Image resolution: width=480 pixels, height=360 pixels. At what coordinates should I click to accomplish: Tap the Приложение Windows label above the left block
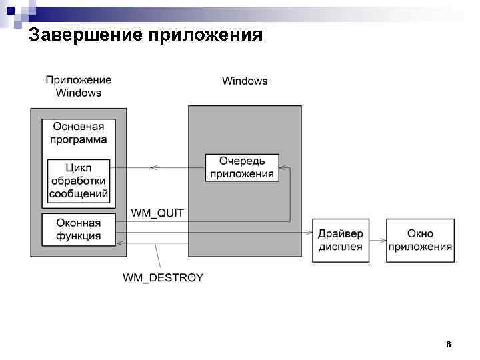[x=79, y=87]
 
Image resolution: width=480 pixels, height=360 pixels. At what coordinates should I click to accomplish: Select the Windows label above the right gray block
[x=245, y=81]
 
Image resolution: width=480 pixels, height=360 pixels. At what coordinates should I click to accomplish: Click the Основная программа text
[x=79, y=133]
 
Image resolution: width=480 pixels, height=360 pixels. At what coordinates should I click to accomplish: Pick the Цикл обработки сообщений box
[x=79, y=181]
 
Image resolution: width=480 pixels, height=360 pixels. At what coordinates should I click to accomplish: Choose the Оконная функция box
[x=79, y=229]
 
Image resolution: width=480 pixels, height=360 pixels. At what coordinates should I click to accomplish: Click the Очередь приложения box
[x=242, y=167]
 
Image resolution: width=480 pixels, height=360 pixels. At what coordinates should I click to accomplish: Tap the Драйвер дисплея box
[x=341, y=240]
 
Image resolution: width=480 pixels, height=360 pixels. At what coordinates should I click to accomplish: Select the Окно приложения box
[x=420, y=240]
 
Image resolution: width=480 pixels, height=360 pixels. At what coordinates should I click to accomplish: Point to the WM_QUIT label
[x=157, y=213]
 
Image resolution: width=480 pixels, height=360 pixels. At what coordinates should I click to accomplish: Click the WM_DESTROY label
[x=163, y=277]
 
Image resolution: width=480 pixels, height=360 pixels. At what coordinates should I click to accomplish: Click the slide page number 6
[x=448, y=345]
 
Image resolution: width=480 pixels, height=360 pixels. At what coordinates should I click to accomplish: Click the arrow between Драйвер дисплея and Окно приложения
[x=377, y=240]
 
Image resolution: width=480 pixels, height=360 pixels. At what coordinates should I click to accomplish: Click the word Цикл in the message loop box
[x=79, y=167]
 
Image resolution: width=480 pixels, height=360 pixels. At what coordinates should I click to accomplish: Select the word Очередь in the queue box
[x=242, y=161]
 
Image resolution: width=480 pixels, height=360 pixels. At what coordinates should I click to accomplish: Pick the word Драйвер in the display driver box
[x=341, y=233]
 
